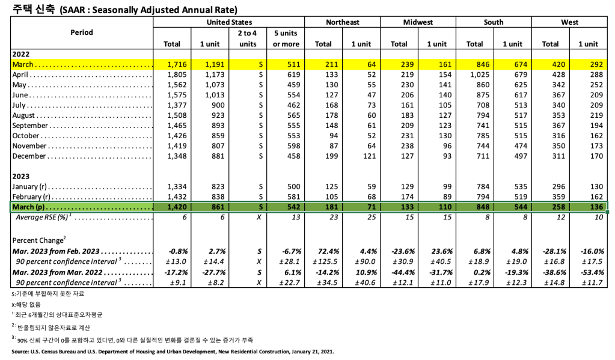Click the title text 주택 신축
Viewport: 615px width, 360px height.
(x=30, y=10)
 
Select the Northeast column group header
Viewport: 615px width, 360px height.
(x=342, y=22)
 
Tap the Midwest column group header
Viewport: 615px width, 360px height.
(x=418, y=22)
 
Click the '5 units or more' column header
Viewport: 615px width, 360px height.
(x=286, y=38)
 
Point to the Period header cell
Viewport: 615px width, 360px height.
(x=82, y=32)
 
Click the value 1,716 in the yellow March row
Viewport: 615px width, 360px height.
(x=172, y=64)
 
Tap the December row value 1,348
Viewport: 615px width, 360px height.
(x=172, y=156)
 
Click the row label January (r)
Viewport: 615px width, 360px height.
(x=34, y=187)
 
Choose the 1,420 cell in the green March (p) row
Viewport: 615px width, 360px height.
(x=172, y=207)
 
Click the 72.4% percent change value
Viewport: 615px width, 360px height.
(x=323, y=251)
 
